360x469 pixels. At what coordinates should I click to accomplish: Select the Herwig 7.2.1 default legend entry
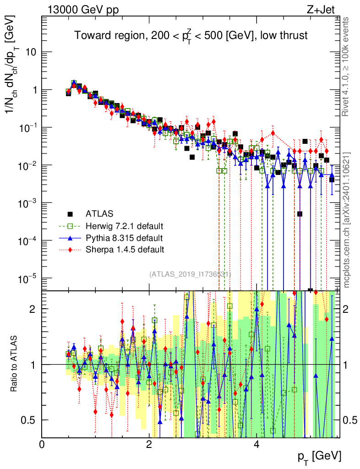[x=125, y=226]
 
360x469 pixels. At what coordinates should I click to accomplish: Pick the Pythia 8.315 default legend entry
[x=124, y=238]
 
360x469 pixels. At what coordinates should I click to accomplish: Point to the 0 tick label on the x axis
[x=42, y=444]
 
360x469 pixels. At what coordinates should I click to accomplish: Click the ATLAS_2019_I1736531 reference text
[x=190, y=274]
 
